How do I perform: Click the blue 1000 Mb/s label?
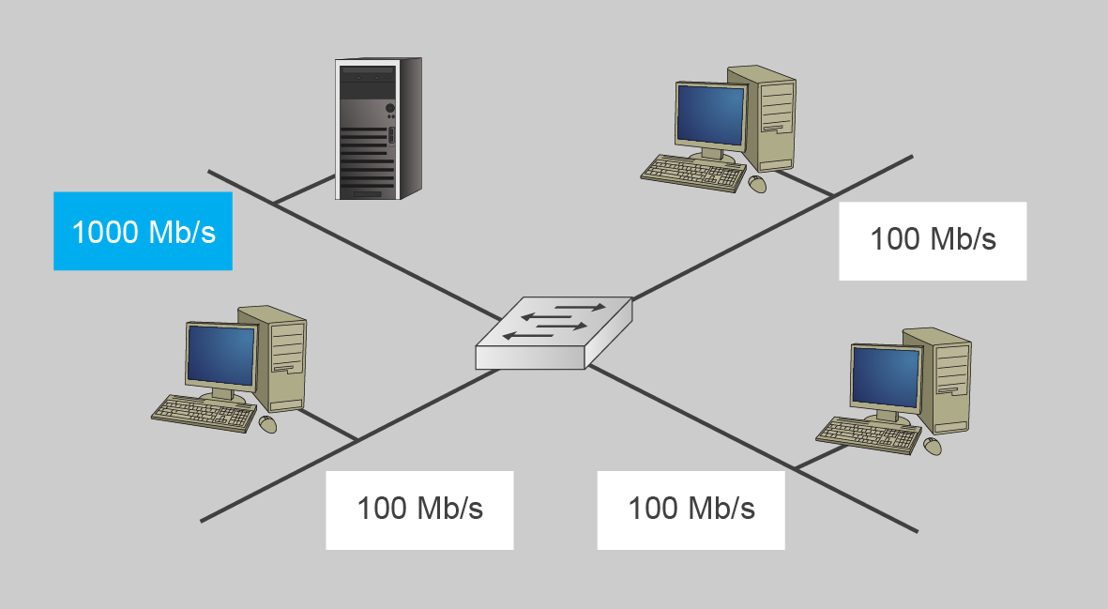click(x=143, y=231)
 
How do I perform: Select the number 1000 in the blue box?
click(x=105, y=232)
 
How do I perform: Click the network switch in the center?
click(x=554, y=333)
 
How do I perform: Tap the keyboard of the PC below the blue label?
click(x=203, y=410)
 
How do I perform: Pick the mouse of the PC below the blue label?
click(x=267, y=424)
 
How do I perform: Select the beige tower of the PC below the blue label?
click(x=281, y=357)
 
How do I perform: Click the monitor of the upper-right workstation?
click(x=710, y=115)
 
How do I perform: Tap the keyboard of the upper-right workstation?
click(x=692, y=172)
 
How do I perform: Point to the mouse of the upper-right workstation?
click(x=757, y=184)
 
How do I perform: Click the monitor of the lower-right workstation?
click(x=885, y=376)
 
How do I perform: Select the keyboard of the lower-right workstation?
click(x=868, y=433)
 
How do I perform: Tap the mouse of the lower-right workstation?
click(x=932, y=446)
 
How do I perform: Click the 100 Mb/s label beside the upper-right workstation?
click(x=933, y=240)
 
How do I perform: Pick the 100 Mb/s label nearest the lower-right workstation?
click(x=691, y=510)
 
